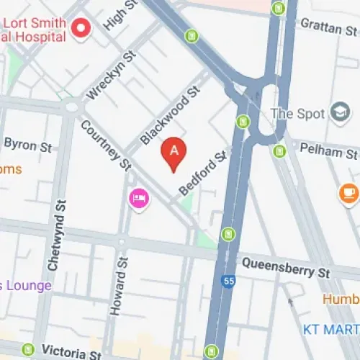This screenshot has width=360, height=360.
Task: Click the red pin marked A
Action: click(x=174, y=152)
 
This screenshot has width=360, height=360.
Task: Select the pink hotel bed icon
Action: click(x=138, y=197)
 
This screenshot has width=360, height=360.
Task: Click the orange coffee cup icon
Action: click(x=348, y=192)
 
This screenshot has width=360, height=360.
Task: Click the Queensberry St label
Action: click(x=286, y=266)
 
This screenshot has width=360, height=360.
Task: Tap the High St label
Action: click(x=120, y=14)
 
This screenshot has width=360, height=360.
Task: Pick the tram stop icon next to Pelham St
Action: click(x=280, y=151)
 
